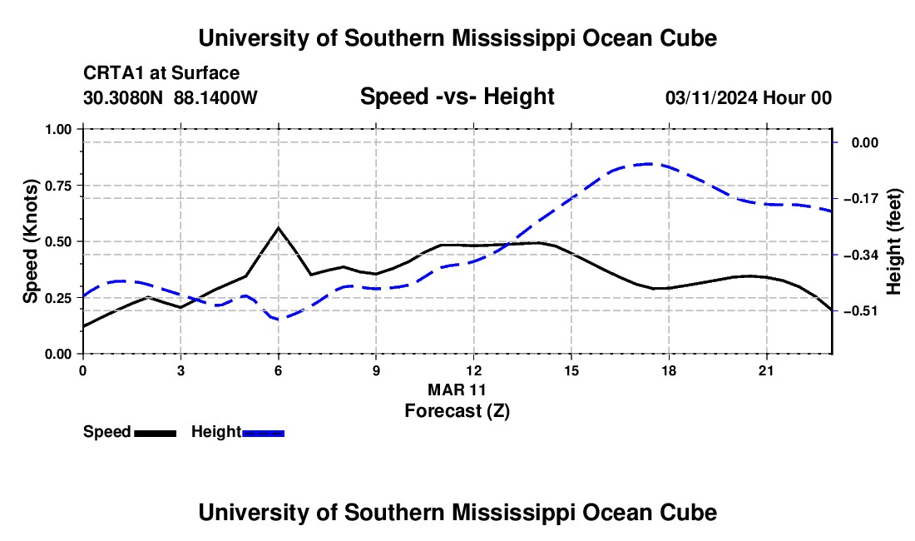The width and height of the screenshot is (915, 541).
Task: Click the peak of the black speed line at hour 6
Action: pos(279,227)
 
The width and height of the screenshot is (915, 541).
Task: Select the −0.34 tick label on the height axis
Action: pos(861,255)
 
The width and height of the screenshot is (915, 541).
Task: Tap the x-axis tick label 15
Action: pos(571,370)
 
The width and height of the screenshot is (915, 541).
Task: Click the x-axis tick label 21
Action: pos(766,370)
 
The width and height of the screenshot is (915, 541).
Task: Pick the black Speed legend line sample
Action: pos(156,433)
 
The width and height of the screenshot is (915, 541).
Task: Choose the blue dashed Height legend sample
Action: pos(263,433)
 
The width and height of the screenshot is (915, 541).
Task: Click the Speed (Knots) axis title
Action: pos(30,241)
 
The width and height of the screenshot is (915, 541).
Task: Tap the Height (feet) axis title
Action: pos(893,241)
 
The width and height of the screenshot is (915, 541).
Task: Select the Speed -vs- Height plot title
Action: pos(457,97)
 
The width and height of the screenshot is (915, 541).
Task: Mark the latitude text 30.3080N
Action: pos(123,97)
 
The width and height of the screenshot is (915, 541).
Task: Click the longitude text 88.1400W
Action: pos(215,97)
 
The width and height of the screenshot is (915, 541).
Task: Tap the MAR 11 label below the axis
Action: pos(457,390)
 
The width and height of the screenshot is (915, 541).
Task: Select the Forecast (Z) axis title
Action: pos(457,411)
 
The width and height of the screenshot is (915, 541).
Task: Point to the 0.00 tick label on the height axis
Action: pos(865,142)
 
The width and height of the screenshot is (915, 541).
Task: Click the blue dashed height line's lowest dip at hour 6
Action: pos(279,320)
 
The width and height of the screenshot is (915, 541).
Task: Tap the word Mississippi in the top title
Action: pos(513,38)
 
